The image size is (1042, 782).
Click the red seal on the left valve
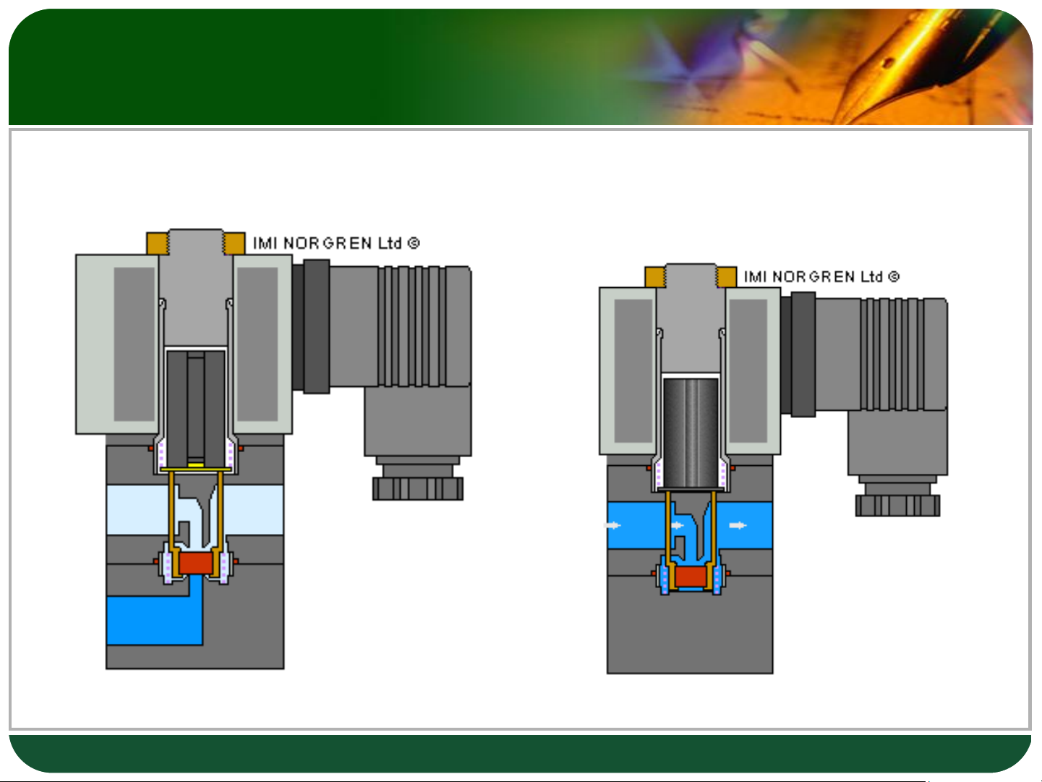(195, 563)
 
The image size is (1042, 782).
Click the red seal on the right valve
(691, 577)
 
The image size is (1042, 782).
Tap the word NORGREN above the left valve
(328, 243)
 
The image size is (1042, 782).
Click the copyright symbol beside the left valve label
(414, 243)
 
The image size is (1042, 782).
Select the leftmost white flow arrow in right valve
(612, 525)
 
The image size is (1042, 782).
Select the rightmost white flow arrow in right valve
(738, 525)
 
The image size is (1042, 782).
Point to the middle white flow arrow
(678, 525)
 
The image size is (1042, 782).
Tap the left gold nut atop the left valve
(157, 243)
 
